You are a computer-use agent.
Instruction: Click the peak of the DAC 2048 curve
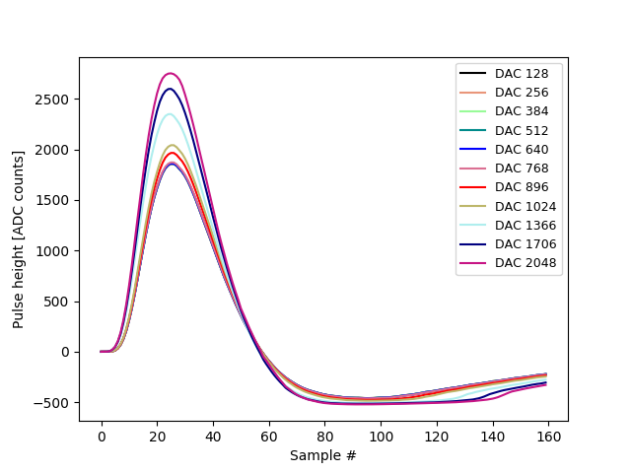[170, 73]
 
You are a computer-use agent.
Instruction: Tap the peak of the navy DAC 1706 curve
[170, 89]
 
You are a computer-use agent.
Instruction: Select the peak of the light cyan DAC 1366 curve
[170, 114]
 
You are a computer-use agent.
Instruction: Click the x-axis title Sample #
[323, 455]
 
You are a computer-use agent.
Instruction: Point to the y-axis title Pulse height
[19, 239]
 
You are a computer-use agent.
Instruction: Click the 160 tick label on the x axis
[548, 435]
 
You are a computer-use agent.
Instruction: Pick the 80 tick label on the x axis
[324, 435]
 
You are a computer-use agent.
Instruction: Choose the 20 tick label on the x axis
[157, 435]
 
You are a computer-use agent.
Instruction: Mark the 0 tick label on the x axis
[102, 435]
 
